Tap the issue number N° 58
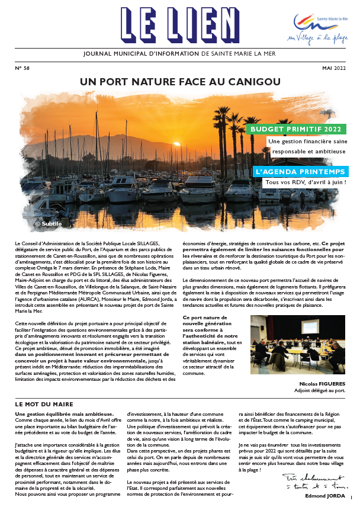point(22,69)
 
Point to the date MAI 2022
point(335,69)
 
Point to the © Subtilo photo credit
point(49,224)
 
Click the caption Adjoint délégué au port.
point(319,391)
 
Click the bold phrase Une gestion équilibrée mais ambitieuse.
point(64,413)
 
